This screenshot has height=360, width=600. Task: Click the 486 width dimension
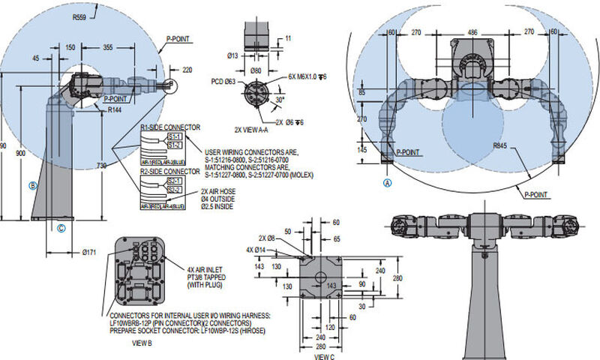472,32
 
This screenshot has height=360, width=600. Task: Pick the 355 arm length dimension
130,46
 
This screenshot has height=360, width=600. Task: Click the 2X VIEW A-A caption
253,130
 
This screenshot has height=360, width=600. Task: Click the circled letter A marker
387,181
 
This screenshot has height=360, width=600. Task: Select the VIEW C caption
323,358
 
